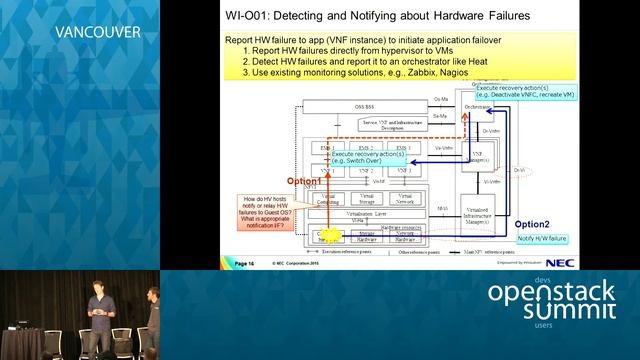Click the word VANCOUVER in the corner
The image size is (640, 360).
coord(97,31)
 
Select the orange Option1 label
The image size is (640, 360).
coord(304,181)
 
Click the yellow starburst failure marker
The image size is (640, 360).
coord(330,237)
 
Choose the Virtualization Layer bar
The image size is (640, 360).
coord(366,215)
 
